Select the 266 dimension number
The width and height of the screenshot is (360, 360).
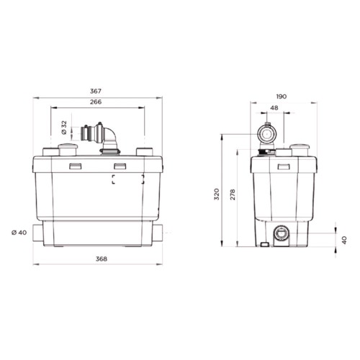pyautogui.click(x=96, y=103)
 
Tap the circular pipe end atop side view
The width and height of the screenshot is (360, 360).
pyautogui.click(x=267, y=135)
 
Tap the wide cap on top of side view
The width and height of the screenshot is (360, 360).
pyautogui.click(x=299, y=149)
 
